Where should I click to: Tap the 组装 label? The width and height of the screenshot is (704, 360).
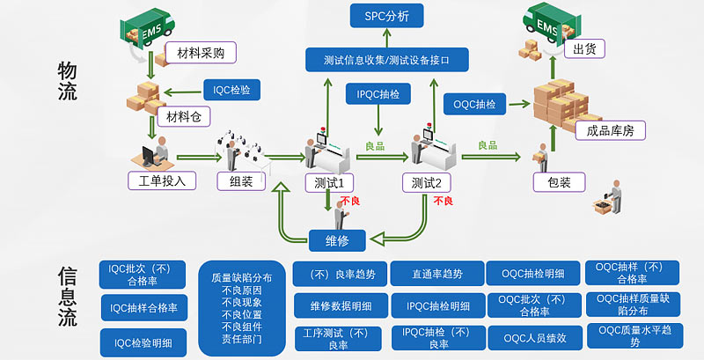(241, 182)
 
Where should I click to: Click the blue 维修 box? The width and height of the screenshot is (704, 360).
(337, 239)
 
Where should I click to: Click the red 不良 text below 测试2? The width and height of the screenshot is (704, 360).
(444, 202)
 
